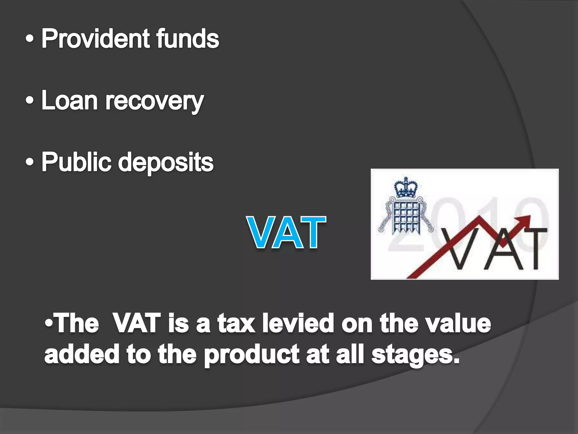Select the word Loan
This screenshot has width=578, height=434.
(69, 101)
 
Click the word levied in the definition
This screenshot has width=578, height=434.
(298, 324)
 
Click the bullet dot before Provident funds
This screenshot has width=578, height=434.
(30, 39)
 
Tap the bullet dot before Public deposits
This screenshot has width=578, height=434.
(30, 162)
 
